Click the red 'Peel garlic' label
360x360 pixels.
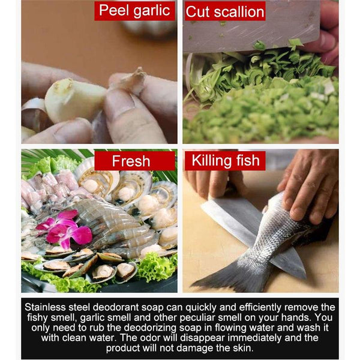(x=134, y=11)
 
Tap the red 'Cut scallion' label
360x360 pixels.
(x=225, y=11)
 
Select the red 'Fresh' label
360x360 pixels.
(x=134, y=161)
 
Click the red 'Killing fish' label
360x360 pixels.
(x=225, y=160)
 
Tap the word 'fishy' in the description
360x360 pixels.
(x=37, y=317)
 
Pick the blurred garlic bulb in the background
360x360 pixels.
(x=149, y=28)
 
